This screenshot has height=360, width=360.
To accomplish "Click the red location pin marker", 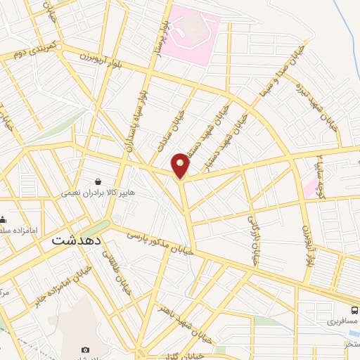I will pyautogui.click(x=181, y=165).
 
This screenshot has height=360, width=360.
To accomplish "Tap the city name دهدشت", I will pyautogui.click(x=77, y=239).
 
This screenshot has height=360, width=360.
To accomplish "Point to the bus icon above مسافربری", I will pyautogui.click(x=354, y=310).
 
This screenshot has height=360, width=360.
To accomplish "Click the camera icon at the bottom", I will pyautogui.click(x=86, y=349).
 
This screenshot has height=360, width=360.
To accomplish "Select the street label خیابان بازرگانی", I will pyautogui.click(x=254, y=239).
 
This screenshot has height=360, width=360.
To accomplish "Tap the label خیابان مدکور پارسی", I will pyautogui.click(x=159, y=243).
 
